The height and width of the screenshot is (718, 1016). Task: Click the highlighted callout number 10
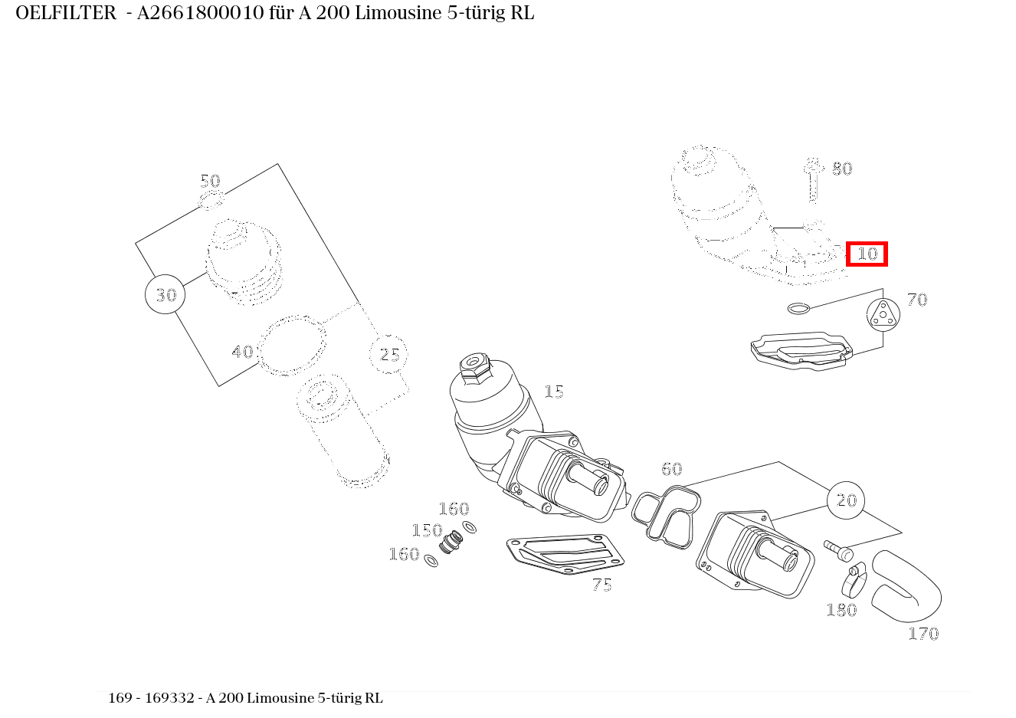click(x=867, y=254)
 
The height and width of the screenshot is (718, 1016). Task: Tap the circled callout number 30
click(x=165, y=294)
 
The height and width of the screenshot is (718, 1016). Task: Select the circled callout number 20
click(x=846, y=500)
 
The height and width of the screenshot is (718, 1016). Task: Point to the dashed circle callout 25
click(x=388, y=354)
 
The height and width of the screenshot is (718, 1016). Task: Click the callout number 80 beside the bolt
click(x=842, y=169)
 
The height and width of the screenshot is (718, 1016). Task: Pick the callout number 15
click(x=554, y=392)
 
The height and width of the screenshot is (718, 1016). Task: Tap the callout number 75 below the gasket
click(x=602, y=585)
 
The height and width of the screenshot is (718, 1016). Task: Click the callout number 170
click(x=923, y=634)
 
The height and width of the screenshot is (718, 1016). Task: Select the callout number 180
click(x=842, y=610)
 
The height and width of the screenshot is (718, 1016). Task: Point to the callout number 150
click(x=427, y=530)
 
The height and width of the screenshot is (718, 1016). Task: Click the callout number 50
click(x=211, y=182)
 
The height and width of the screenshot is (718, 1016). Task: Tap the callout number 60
click(x=672, y=469)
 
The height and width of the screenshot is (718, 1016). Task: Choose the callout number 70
click(x=917, y=300)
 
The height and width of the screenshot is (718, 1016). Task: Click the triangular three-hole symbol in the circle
click(x=883, y=315)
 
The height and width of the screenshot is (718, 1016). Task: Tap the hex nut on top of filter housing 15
click(x=474, y=364)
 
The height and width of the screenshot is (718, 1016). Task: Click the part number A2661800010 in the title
click(x=200, y=13)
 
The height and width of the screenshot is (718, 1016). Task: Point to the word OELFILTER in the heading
click(x=66, y=13)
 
